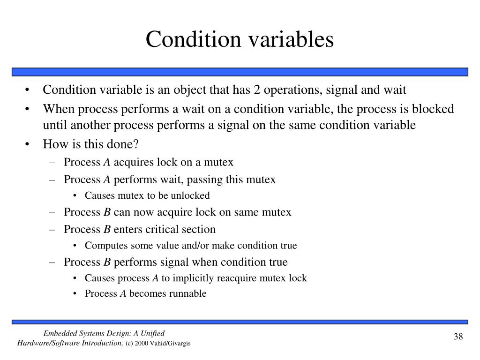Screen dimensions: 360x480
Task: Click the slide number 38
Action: pos(458,337)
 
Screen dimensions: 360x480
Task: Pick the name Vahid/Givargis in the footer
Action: pos(171,344)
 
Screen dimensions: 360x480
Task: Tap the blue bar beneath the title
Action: pos(240,72)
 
